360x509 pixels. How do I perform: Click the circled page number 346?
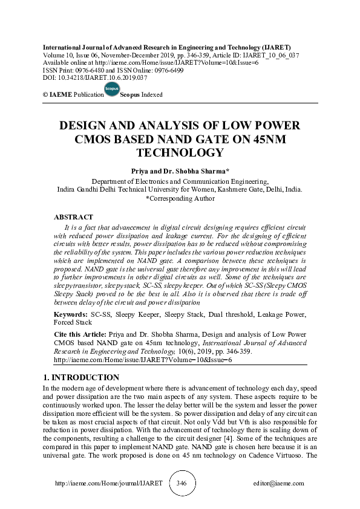(x=181, y=484)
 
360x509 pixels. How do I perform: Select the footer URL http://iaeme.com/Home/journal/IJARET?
(x=100, y=484)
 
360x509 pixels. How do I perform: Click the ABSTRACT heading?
(x=73, y=216)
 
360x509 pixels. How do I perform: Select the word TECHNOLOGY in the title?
(x=179, y=153)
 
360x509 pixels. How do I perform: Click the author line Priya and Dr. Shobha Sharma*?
(x=179, y=171)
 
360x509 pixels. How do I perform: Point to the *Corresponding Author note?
(x=180, y=198)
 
